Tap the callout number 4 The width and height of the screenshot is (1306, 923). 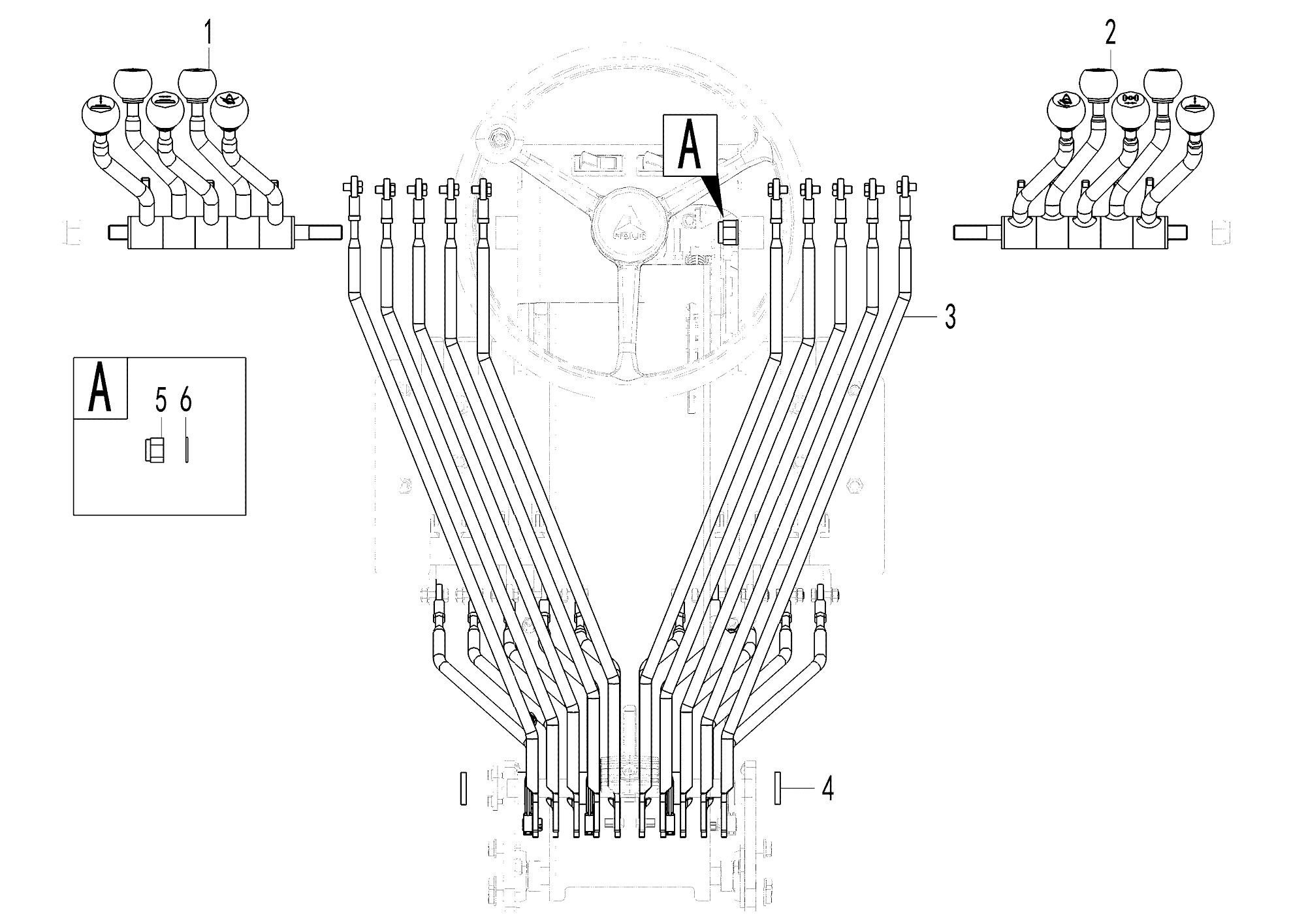tap(827, 789)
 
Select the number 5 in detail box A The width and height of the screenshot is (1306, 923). tap(161, 400)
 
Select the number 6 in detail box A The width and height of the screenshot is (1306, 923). tap(186, 400)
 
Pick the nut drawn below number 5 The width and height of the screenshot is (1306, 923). tap(154, 450)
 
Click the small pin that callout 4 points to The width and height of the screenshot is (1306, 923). tap(778, 789)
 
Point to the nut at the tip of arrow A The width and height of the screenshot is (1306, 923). tap(727, 231)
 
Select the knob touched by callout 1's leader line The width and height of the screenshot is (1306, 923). tap(197, 82)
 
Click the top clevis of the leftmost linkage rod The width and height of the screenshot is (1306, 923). tap(352, 187)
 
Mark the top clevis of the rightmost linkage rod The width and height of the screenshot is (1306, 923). tap(904, 187)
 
